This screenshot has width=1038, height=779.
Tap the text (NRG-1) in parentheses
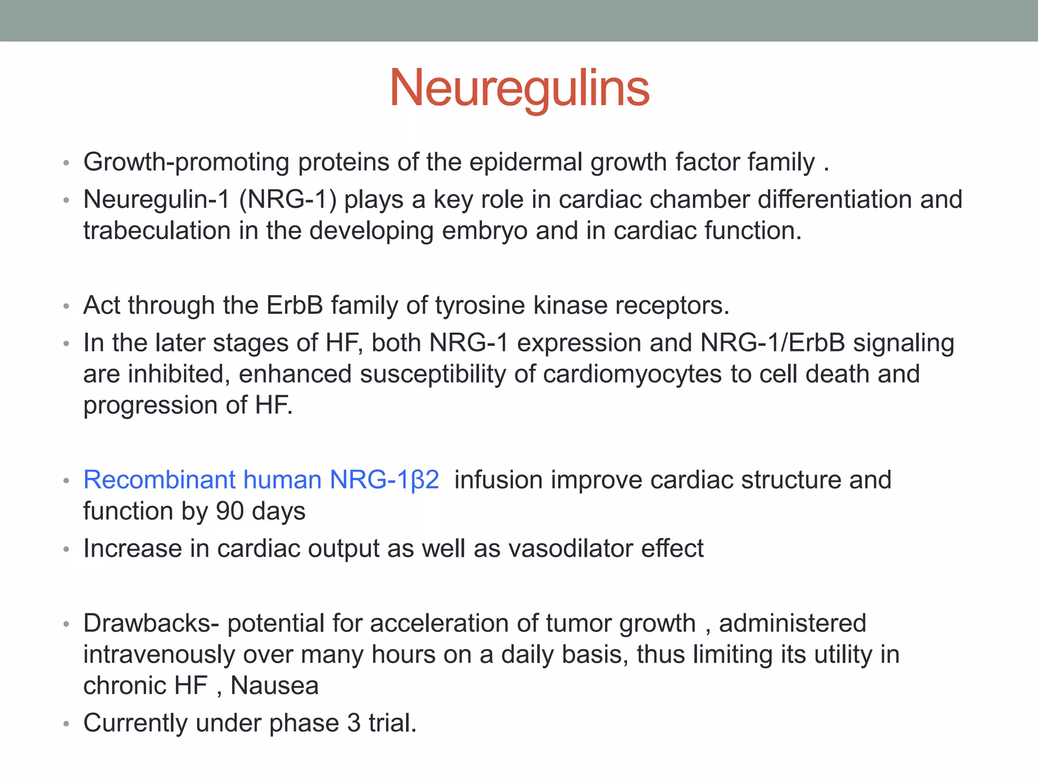pyautogui.click(x=287, y=200)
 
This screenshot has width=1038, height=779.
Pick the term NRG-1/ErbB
pyautogui.click(x=772, y=343)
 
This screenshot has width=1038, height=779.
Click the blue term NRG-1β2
pyautogui.click(x=384, y=480)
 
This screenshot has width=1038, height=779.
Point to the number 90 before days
pyautogui.click(x=230, y=511)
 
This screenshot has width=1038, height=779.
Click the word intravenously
pyautogui.click(x=159, y=655)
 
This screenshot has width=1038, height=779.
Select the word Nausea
pyautogui.click(x=274, y=686)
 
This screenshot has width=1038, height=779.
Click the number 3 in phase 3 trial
pyautogui.click(x=354, y=723)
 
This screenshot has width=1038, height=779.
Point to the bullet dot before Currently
pyautogui.click(x=66, y=724)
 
